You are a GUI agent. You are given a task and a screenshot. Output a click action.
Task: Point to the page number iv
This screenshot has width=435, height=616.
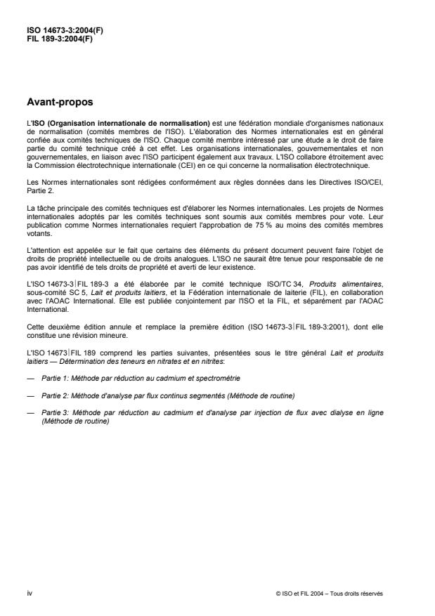[29, 592]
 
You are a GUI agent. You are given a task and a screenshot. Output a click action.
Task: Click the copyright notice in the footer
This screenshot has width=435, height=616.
[330, 593]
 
